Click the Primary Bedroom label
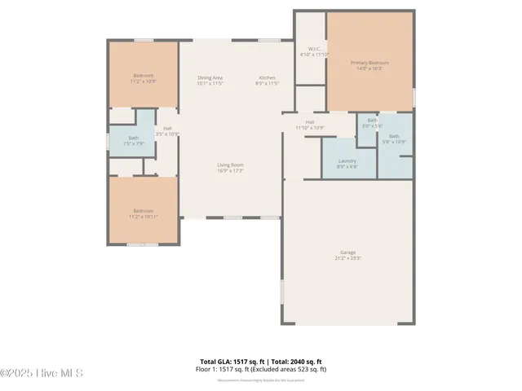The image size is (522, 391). [369, 63]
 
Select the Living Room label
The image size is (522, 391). [230, 165]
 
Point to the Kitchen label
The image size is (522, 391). [268, 78]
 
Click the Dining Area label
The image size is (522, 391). [210, 78]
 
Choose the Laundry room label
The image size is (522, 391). [347, 160]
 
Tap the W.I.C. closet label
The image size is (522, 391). [313, 49]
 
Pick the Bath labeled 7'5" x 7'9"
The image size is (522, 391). [133, 141]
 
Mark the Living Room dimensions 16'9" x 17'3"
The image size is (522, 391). [230, 171]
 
